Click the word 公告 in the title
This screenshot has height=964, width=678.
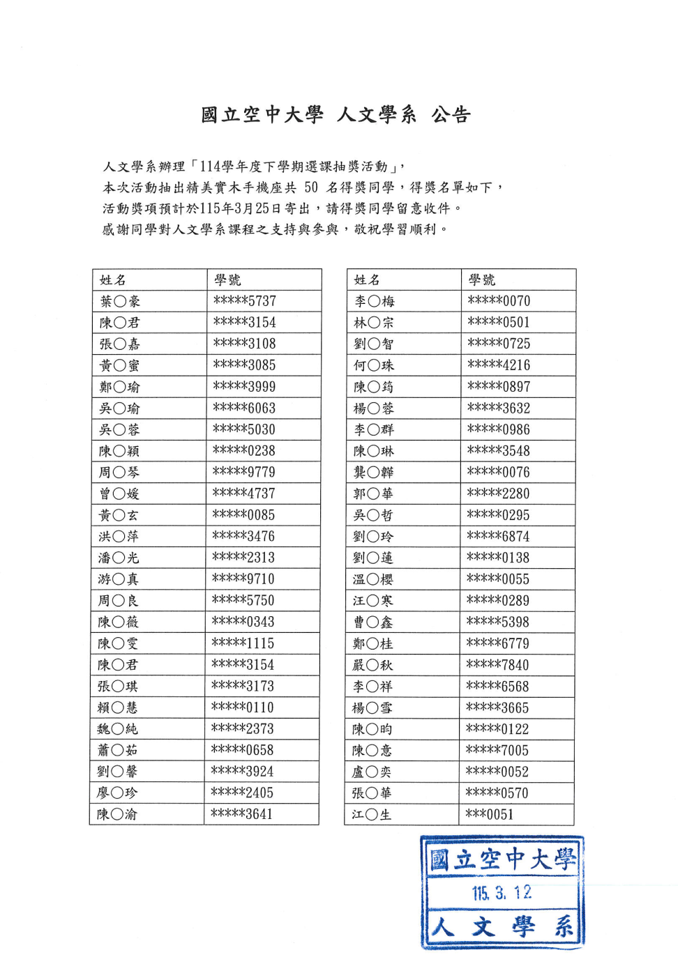(451, 115)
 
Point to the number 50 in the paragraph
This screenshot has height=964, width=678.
(311, 188)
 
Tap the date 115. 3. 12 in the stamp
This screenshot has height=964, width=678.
(502, 893)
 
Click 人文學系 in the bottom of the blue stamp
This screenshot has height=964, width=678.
(502, 927)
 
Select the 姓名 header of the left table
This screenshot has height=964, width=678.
(113, 280)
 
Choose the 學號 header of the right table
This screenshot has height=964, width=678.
(482, 280)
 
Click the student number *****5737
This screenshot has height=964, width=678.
(245, 301)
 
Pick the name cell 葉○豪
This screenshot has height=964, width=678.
(120, 302)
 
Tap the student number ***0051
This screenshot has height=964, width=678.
(490, 814)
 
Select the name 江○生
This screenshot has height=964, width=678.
(372, 814)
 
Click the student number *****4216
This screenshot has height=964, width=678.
(499, 365)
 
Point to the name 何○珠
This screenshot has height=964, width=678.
(374, 365)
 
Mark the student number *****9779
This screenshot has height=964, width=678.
(244, 472)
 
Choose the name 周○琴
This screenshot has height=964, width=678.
(119, 473)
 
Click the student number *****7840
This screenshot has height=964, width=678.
(498, 665)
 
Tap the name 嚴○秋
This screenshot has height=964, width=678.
(372, 665)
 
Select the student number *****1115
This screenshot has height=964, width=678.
(243, 643)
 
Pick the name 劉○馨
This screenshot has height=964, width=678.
(117, 772)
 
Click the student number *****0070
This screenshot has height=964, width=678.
(499, 301)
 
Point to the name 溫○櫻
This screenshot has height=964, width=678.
(373, 579)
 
